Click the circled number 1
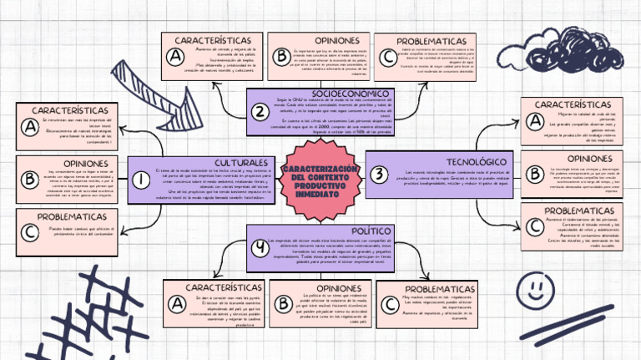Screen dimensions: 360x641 (x=141, y=179)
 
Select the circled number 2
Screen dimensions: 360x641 (x=260, y=112)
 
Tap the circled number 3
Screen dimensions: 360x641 (x=380, y=175)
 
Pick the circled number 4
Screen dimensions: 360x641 (x=261, y=246)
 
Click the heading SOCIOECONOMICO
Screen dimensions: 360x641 (x=351, y=93)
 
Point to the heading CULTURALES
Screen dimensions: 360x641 (x=241, y=162)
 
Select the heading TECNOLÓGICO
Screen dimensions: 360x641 (x=476, y=161)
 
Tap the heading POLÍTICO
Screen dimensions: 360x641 (x=371, y=230)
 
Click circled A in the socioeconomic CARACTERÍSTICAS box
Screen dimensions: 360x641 (x=175, y=57)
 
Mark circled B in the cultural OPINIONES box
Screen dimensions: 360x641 (x=30, y=179)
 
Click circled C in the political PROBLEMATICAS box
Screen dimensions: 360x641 (x=390, y=305)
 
